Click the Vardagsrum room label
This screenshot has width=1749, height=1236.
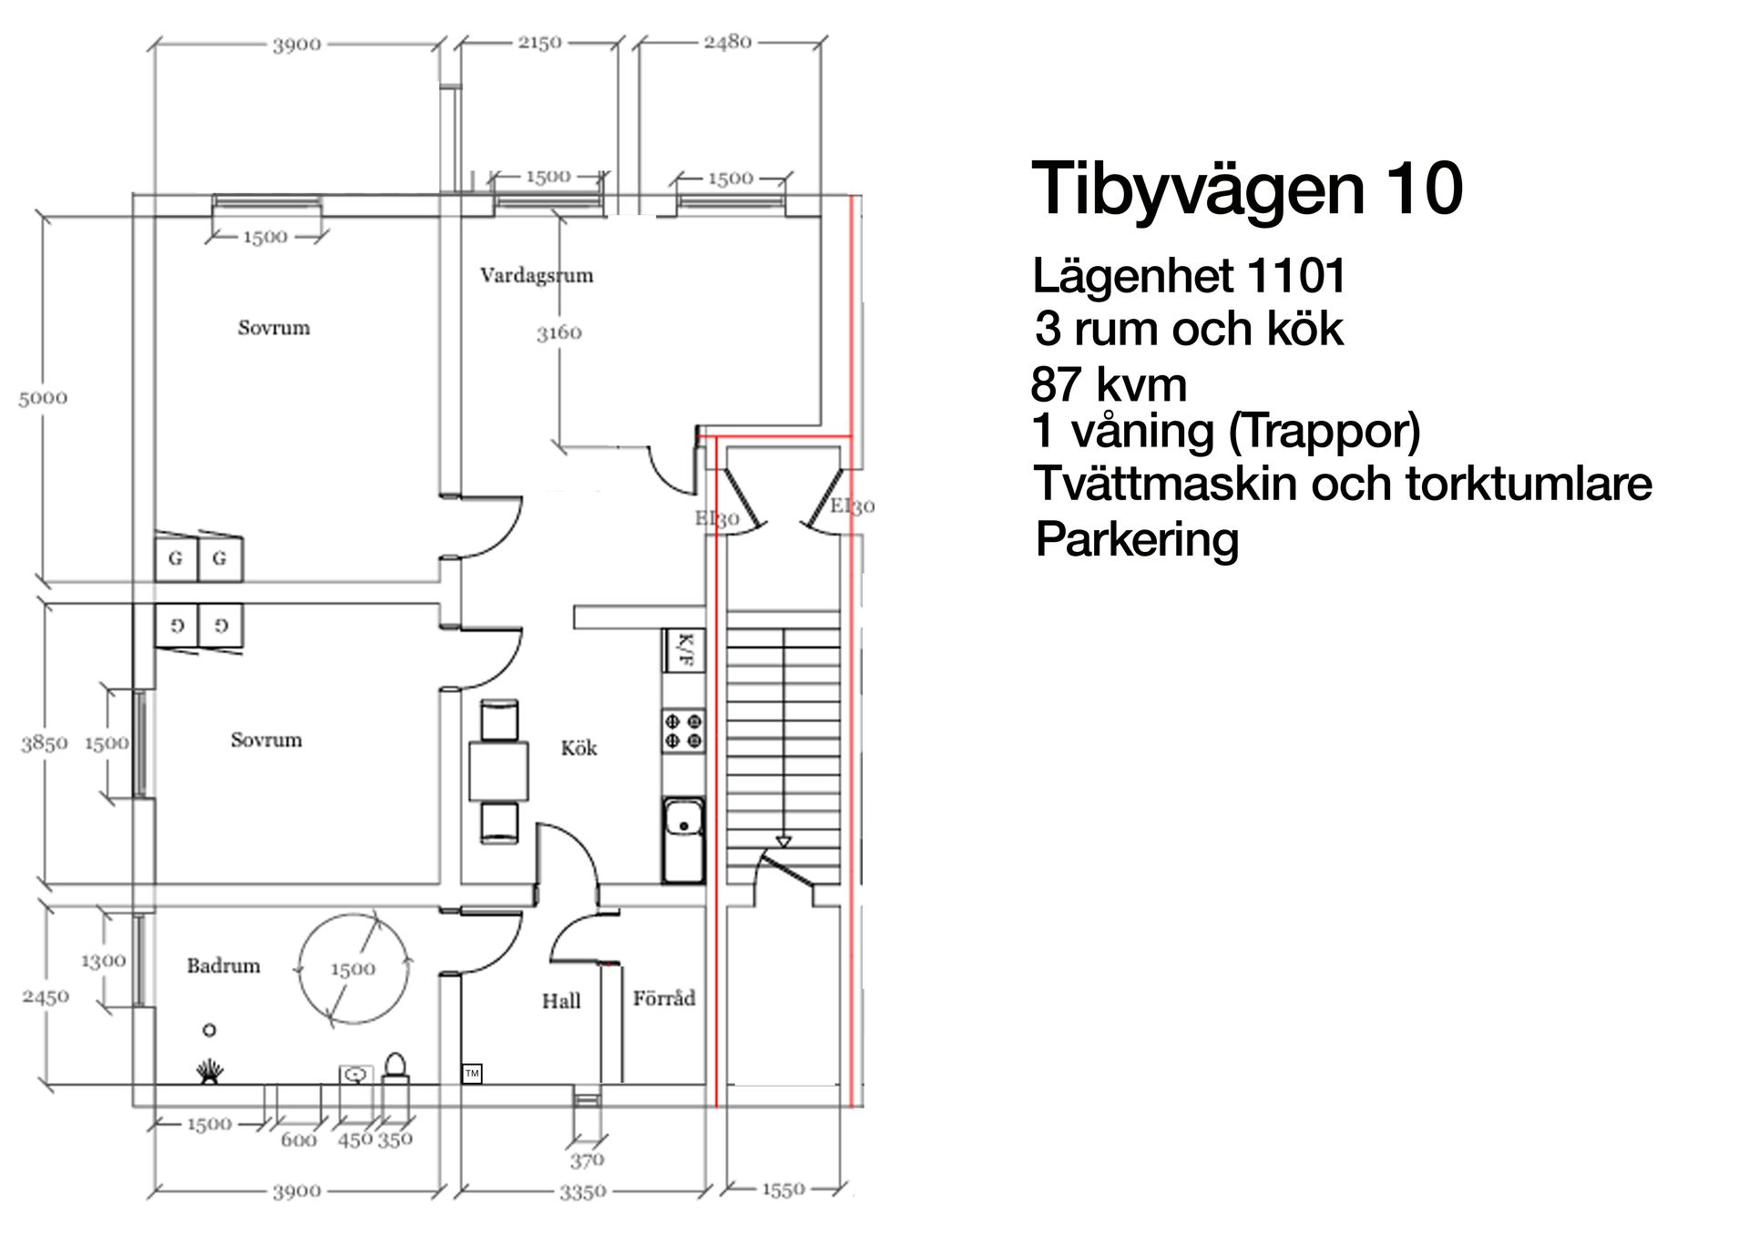coord(537,275)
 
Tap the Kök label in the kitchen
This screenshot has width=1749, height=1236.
coord(578,749)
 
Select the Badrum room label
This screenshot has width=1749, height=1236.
coord(223,965)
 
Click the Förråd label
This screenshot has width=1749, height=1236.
coord(664,998)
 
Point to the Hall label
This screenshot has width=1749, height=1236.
coord(561,1001)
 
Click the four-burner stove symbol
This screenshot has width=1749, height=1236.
coord(683,730)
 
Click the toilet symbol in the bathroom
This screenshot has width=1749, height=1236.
coord(395,1067)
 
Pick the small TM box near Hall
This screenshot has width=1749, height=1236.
coord(472,1074)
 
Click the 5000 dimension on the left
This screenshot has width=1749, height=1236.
coord(43,398)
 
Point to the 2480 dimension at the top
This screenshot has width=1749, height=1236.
coord(727,42)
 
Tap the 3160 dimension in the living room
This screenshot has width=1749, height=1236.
coord(558,333)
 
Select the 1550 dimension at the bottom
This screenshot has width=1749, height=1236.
coord(782,1190)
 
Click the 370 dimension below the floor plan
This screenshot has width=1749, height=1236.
coord(587,1160)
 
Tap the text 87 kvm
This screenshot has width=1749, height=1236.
coord(1109,385)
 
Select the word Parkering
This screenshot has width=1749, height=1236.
coord(1137,539)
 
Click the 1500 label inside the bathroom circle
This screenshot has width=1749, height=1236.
coord(353,969)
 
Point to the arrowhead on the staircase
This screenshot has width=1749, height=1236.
coord(783,842)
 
